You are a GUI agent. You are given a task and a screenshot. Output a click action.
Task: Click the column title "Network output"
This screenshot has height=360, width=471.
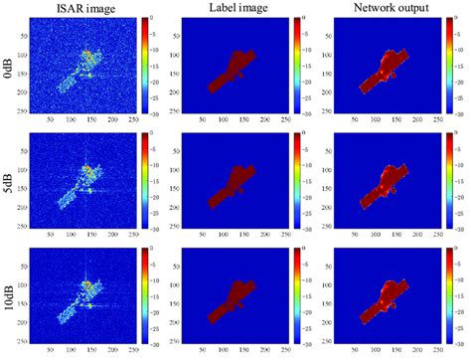click(389, 9)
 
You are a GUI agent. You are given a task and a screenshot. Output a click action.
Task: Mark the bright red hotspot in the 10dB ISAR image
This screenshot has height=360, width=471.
click(87, 284)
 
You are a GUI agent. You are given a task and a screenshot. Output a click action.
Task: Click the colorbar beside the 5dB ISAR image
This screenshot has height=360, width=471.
click(146, 181)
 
